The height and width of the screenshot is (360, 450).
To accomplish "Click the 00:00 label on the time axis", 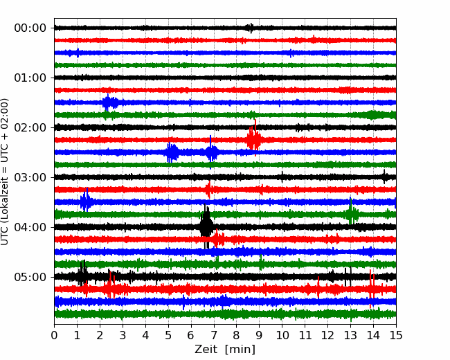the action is [30, 28].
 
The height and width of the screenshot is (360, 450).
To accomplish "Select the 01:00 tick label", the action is [30, 78].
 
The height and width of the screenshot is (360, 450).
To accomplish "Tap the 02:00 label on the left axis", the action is [30, 128].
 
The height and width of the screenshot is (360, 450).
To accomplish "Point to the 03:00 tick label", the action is [30, 177].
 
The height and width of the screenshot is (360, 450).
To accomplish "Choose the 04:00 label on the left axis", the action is [30, 227].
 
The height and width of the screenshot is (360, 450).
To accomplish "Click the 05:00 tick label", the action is [30, 278].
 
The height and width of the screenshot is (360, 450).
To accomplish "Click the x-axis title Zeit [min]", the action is [225, 350].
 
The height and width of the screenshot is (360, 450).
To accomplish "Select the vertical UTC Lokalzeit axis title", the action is [4, 172].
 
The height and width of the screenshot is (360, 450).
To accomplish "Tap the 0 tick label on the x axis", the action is [54, 335].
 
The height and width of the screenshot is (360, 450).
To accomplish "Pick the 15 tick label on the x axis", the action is [396, 335].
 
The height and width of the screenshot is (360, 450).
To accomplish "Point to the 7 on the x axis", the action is [214, 335].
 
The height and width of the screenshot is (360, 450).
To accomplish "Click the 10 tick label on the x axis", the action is [282, 335].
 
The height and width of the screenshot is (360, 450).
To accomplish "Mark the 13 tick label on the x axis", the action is [351, 335].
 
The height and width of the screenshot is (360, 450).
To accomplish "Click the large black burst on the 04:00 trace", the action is [206, 226].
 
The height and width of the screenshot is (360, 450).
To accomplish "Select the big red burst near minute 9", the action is [254, 139].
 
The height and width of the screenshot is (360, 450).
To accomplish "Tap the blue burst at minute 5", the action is [172, 152].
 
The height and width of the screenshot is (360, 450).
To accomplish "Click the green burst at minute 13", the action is [351, 213].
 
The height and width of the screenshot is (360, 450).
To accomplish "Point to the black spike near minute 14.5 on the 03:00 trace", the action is [384, 177].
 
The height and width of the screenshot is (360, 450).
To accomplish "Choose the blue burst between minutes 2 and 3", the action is [110, 102].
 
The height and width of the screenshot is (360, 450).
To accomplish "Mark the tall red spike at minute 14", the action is [371, 289].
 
